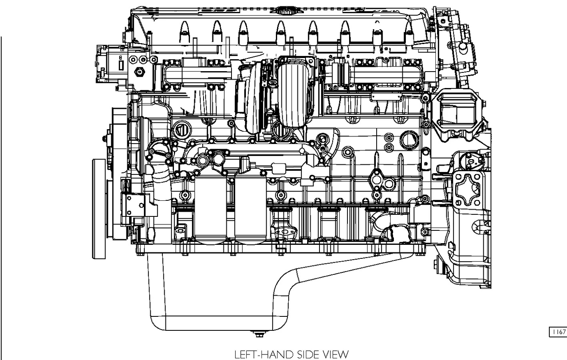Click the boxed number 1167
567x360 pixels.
[x=559, y=332]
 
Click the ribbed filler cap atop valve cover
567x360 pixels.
[x=285, y=10]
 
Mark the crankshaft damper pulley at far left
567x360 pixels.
[x=99, y=208]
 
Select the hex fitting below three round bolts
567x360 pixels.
[x=140, y=72]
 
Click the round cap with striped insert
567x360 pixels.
[x=180, y=129]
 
